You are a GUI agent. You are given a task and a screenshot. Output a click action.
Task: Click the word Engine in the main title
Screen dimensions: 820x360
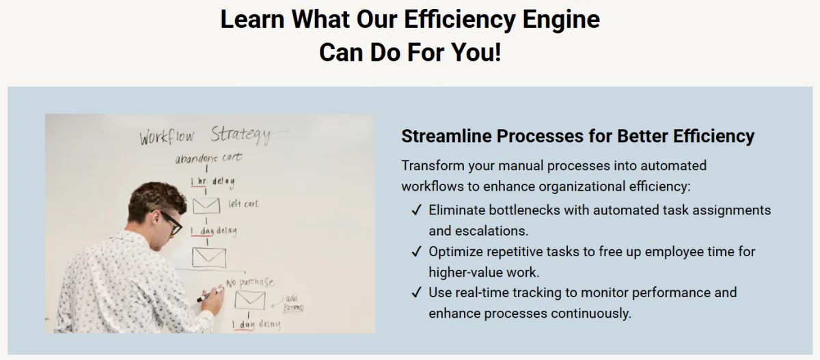pyautogui.click(x=561, y=20)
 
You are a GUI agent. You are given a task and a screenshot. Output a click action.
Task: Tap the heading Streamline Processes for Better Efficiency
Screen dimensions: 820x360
pyautogui.click(x=577, y=136)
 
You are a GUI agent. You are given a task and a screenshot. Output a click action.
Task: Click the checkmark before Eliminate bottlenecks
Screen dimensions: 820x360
pyautogui.click(x=416, y=210)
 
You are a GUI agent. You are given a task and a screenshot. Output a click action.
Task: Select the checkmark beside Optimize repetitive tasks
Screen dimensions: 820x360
pyautogui.click(x=416, y=251)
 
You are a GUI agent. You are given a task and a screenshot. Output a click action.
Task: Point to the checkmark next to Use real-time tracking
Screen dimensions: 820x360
pyautogui.click(x=416, y=292)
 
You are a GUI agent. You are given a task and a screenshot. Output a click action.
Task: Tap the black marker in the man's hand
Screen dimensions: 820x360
pyautogui.click(x=210, y=294)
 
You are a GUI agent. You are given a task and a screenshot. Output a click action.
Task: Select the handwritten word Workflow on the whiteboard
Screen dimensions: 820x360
pyautogui.click(x=167, y=137)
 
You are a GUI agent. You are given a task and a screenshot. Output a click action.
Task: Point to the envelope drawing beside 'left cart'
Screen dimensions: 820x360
pyautogui.click(x=206, y=206)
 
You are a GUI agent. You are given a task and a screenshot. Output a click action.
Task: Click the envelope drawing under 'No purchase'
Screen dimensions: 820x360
pyautogui.click(x=250, y=300)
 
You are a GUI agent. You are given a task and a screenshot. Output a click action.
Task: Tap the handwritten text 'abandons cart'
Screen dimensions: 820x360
pyautogui.click(x=208, y=158)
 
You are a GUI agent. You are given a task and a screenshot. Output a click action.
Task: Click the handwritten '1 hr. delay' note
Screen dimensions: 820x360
pyautogui.click(x=213, y=182)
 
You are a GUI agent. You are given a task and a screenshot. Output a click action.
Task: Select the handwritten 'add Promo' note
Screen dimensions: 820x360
pyautogui.click(x=293, y=303)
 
